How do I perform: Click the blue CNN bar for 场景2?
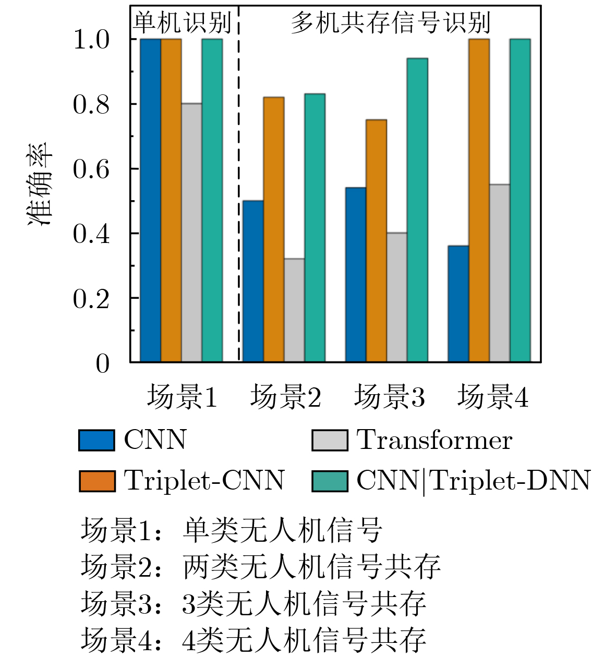point(253,281)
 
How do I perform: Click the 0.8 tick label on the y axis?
point(91,105)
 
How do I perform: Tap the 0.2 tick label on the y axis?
point(91,299)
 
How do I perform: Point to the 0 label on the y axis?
point(102,363)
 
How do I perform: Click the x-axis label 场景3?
point(389,397)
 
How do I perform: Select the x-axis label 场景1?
point(182,397)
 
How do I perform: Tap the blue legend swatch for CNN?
point(96,440)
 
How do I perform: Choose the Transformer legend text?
point(434,440)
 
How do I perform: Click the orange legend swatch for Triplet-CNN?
point(96,481)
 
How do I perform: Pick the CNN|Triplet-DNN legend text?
point(473,481)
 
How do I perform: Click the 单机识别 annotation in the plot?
point(182,23)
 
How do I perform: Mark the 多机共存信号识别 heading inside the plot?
point(390,23)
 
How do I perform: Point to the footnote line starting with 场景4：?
point(253,640)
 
